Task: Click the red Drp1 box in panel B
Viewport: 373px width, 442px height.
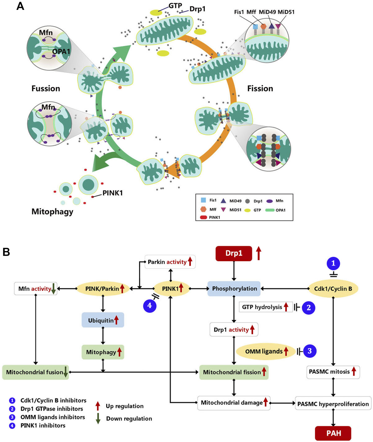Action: point(234,253)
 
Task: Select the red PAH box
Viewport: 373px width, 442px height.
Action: point(333,433)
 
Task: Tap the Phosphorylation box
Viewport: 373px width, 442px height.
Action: point(234,288)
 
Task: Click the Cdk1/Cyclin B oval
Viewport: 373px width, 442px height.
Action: point(333,289)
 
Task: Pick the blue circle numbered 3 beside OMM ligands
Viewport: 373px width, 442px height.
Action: point(309,351)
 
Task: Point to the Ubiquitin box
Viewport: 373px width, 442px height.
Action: point(103,320)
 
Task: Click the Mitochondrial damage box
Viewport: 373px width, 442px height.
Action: point(234,403)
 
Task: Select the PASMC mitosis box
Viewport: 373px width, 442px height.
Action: point(333,372)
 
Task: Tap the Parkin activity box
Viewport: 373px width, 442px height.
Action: point(170,262)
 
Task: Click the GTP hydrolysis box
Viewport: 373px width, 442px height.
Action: point(266,307)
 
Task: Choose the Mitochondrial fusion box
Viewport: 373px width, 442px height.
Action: point(35,372)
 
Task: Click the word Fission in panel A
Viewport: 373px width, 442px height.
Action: point(260,88)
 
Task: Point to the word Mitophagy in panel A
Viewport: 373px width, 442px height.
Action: point(52,212)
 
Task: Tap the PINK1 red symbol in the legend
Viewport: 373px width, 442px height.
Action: point(204,217)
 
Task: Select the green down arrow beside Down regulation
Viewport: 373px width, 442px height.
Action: point(98,418)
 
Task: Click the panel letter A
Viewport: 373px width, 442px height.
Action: point(20,6)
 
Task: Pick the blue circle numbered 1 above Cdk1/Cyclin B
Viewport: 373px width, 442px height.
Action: point(333,263)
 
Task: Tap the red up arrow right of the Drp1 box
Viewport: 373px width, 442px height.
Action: point(258,253)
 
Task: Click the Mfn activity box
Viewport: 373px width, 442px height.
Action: point(35,289)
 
